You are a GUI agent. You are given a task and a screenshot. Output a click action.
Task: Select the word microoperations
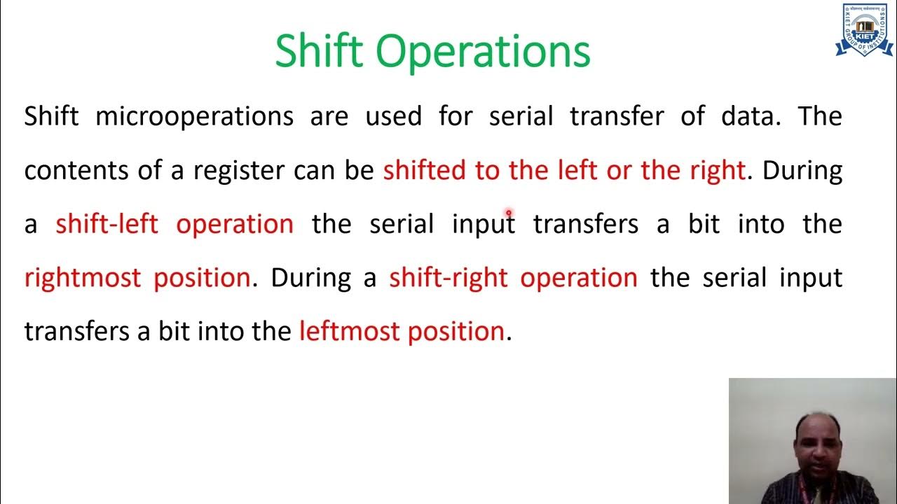[194, 116]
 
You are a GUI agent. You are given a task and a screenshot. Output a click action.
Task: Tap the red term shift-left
[107, 224]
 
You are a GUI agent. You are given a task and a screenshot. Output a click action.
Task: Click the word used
[393, 116]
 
